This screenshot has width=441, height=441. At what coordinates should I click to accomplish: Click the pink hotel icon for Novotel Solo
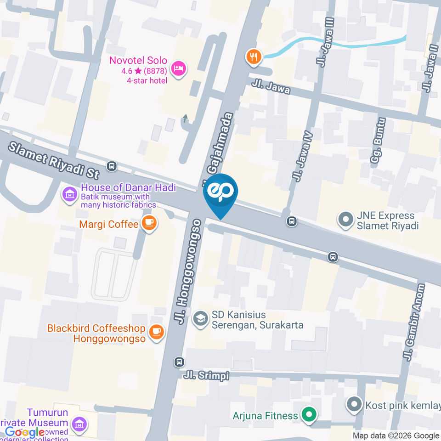pyautogui.click(x=178, y=69)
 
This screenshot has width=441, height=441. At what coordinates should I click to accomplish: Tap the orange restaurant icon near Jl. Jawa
pyautogui.click(x=253, y=57)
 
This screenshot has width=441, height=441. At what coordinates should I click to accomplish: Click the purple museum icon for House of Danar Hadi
pyautogui.click(x=69, y=194)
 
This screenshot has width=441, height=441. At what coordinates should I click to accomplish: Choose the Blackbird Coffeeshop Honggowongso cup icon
pyautogui.click(x=157, y=331)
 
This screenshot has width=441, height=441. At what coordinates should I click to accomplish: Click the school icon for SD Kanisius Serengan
pyautogui.click(x=200, y=319)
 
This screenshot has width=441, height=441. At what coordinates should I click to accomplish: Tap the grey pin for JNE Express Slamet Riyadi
pyautogui.click(x=344, y=220)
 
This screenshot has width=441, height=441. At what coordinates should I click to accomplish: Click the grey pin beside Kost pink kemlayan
pyautogui.click(x=354, y=405)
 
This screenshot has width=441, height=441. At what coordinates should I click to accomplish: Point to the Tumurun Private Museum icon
pyautogui.click(x=79, y=424)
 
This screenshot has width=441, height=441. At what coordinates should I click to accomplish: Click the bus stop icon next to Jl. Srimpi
pyautogui.click(x=180, y=362)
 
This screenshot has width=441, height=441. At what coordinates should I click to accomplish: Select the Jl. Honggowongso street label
pyautogui.click(x=189, y=271)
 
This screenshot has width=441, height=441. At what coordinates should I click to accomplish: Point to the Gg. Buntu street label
pyautogui.click(x=378, y=141)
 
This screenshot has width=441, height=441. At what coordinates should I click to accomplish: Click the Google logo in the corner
pyautogui.click(x=25, y=432)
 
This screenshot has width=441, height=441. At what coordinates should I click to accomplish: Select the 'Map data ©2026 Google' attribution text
pyautogui.click(x=396, y=435)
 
